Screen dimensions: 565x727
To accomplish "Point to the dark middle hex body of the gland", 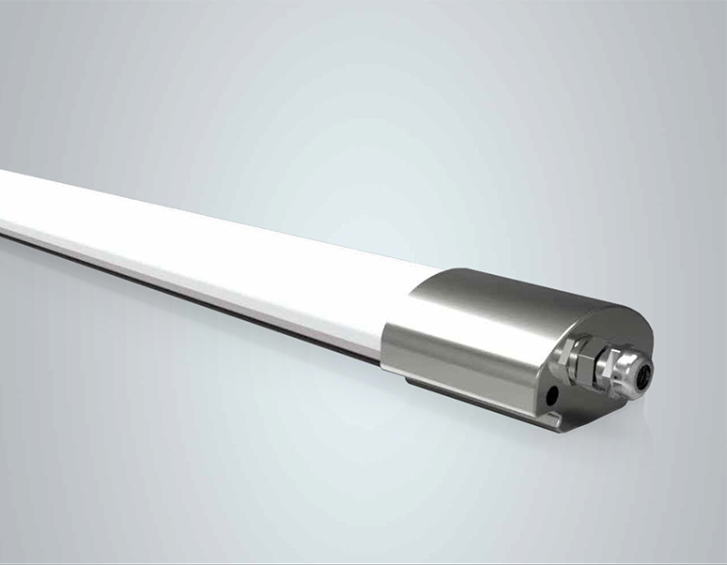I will pos(597,369).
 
